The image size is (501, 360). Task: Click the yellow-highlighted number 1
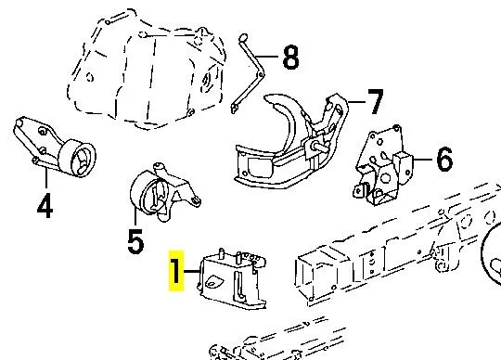[176, 271]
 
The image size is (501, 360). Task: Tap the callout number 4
[45, 205]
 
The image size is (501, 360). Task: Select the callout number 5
[135, 241]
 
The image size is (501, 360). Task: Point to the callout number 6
[444, 159]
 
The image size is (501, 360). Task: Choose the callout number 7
[375, 101]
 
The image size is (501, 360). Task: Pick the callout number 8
[290, 57]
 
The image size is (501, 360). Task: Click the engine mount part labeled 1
[232, 277]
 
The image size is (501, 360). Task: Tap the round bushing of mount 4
[77, 158]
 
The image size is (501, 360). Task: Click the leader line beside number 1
[192, 271]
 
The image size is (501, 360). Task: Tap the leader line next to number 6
[424, 159]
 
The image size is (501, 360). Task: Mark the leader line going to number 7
[356, 102]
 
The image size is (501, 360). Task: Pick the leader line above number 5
[135, 217]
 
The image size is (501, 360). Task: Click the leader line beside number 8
[268, 57]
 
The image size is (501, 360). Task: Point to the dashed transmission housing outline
[146, 69]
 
